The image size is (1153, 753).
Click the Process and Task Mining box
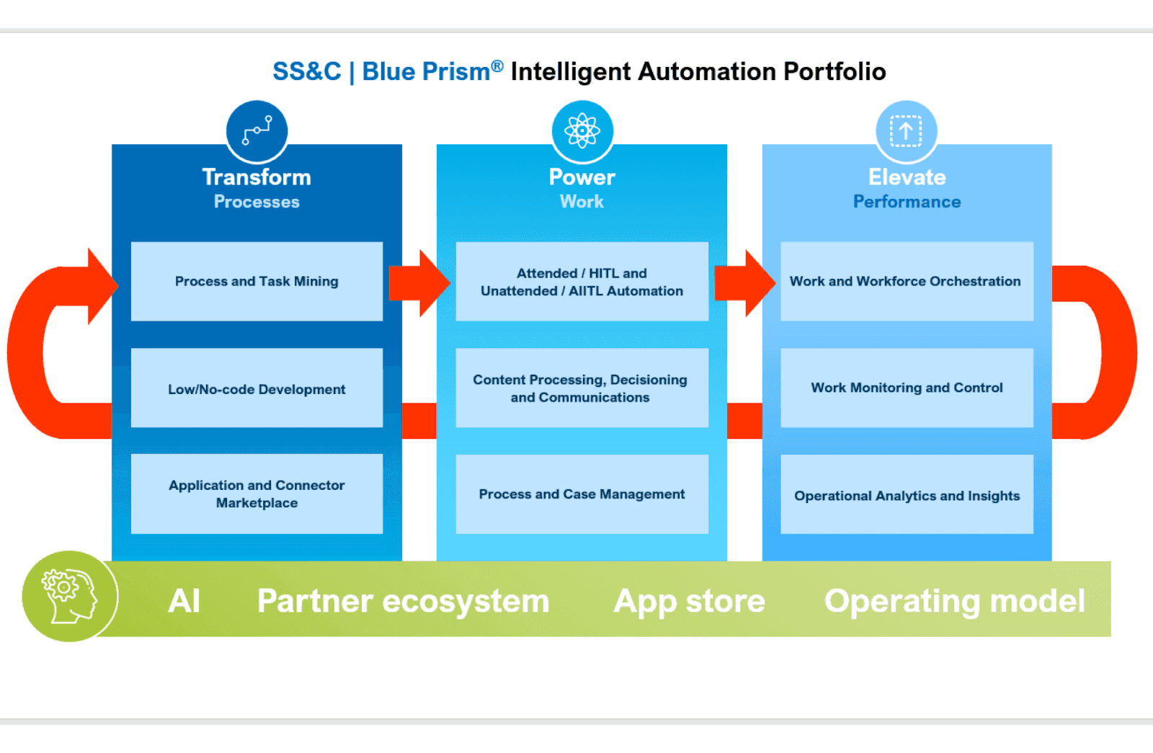tap(257, 282)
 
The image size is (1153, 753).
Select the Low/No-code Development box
tap(257, 388)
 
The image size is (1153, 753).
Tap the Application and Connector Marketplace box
tap(257, 494)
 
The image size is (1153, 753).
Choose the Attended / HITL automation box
tap(582, 282)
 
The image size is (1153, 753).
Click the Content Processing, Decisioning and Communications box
tap(582, 388)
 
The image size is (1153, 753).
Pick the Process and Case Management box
tap(582, 494)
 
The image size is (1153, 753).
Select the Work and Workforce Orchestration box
tap(907, 282)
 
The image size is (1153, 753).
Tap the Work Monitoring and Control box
tap(907, 388)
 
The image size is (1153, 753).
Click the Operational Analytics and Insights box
tap(907, 494)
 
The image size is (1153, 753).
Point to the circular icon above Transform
tap(257, 130)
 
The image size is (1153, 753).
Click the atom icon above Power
tap(582, 130)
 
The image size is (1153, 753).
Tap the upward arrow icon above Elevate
tap(907, 130)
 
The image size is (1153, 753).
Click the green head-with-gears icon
tap(70, 597)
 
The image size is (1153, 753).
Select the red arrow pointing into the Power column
tap(419, 283)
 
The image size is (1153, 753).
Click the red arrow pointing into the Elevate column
tap(745, 283)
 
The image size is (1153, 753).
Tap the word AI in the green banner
tap(184, 601)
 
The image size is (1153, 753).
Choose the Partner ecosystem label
tap(403, 601)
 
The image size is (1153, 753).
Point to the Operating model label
tap(955, 602)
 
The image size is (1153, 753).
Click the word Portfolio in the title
tap(834, 71)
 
